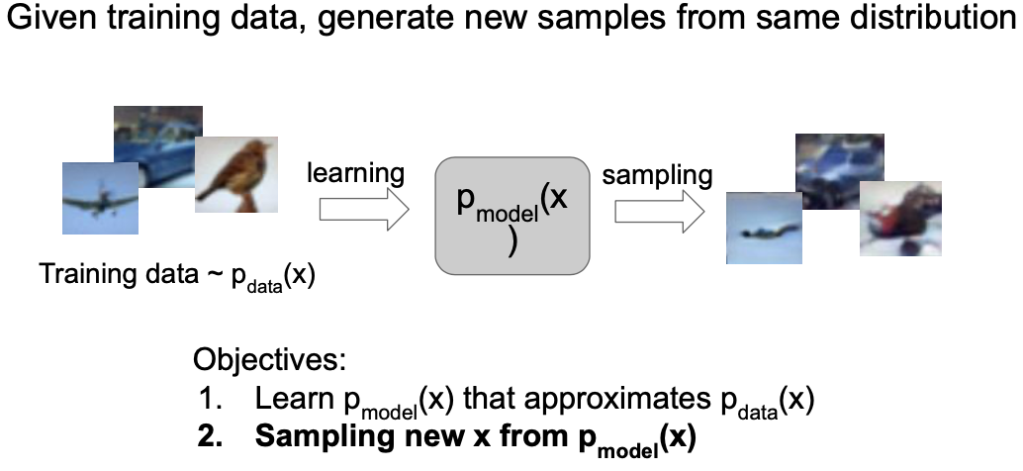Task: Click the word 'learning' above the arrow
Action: pos(355,174)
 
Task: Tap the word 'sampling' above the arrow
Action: pos(657,176)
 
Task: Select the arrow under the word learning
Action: pos(363,210)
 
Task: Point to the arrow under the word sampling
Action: pos(658,211)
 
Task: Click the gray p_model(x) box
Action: pos(511,214)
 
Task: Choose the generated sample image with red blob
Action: pos(899,222)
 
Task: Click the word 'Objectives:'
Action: pos(269,358)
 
